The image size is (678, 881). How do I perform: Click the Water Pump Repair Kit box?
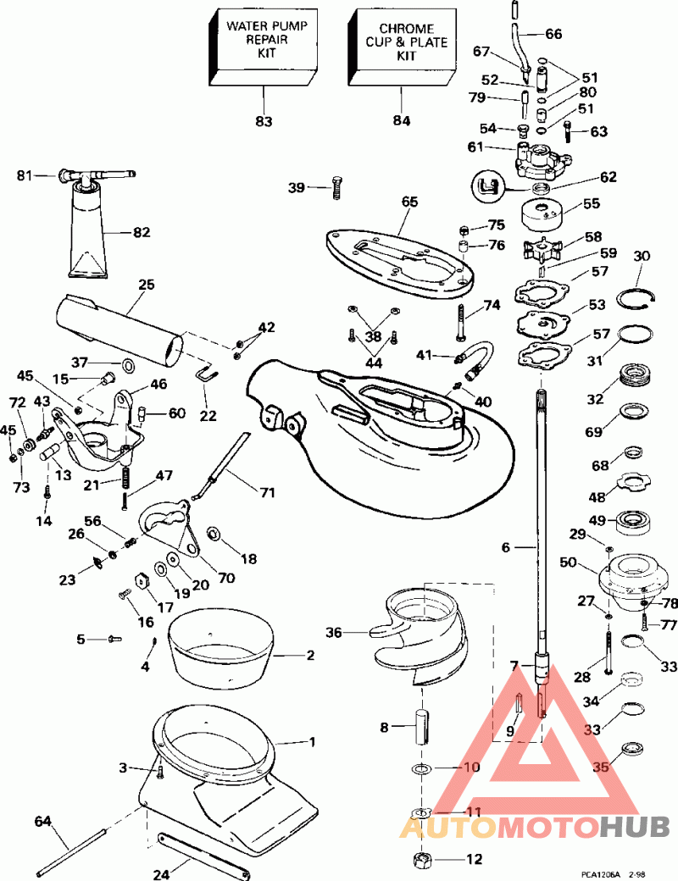point(264,47)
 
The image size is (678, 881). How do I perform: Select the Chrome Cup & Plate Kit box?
point(403,47)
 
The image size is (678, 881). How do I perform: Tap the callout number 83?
point(264,121)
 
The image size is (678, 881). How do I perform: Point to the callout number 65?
point(410,202)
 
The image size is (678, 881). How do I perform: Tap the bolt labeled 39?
point(336,188)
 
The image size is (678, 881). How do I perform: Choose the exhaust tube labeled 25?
point(119,330)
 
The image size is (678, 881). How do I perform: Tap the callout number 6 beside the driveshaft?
point(505,546)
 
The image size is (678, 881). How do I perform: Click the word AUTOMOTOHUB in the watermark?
point(535,827)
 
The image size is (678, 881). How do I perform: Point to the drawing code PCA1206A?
point(600,874)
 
